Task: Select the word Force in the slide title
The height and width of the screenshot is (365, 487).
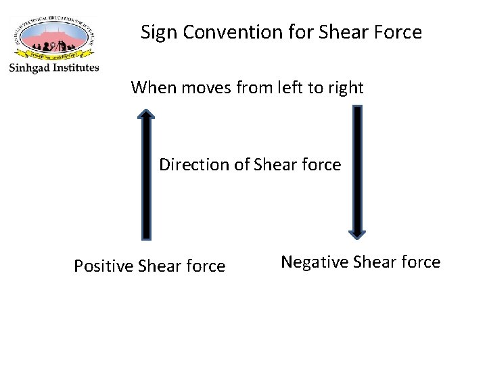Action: coord(400,32)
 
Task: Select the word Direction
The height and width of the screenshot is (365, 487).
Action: coord(194,164)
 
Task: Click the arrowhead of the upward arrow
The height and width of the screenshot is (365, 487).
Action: coord(146,116)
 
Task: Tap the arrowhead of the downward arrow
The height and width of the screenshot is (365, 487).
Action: coord(357,233)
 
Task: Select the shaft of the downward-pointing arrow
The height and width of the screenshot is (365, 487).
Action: coord(357,169)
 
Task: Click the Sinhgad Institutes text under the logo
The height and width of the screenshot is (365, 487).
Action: coord(54,68)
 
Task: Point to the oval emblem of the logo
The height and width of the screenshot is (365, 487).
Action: coord(54,37)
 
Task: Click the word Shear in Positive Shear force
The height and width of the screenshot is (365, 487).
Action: coord(158,266)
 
